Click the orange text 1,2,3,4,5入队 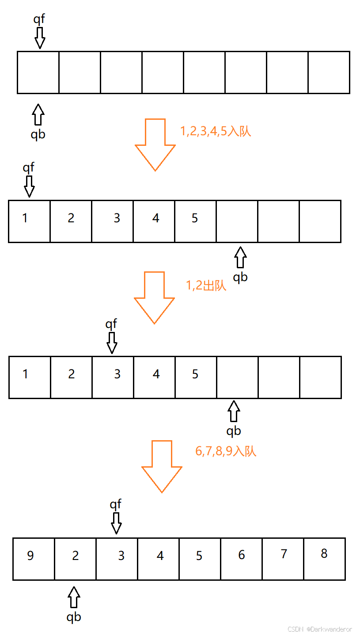click(x=216, y=131)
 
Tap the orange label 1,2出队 click(x=206, y=286)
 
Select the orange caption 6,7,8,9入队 click(x=226, y=451)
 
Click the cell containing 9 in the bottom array click(x=34, y=559)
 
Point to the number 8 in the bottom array click(x=324, y=554)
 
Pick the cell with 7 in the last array click(x=283, y=559)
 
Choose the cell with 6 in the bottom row click(x=241, y=559)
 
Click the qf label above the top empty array click(x=39, y=19)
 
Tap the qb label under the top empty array click(x=38, y=134)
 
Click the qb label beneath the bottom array click(x=74, y=617)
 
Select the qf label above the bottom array click(x=116, y=504)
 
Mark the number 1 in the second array click(x=25, y=218)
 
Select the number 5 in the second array click(x=195, y=218)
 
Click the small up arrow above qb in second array click(x=240, y=257)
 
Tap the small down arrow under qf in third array click(x=112, y=343)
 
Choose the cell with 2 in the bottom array click(x=75, y=559)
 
